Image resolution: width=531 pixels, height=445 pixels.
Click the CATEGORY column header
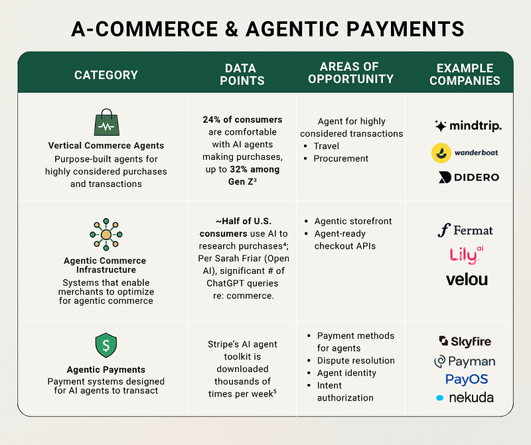(106, 75)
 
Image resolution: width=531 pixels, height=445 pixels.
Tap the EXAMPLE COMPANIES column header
(465, 74)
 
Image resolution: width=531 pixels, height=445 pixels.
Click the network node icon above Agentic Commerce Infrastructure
(106, 234)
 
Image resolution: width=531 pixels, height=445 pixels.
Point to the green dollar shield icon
(106, 346)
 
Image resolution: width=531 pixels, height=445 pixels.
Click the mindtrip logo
(467, 126)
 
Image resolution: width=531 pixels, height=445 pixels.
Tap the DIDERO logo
(468, 177)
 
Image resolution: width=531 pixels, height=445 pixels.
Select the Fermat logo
(465, 230)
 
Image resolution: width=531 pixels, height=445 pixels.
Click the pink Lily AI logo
(464, 254)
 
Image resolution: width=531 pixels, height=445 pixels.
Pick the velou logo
(467, 279)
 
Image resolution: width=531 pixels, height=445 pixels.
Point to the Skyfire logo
(465, 342)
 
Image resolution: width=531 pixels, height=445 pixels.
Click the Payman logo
(465, 361)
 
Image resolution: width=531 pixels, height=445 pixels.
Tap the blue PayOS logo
(466, 379)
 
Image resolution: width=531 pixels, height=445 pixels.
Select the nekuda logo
(465, 398)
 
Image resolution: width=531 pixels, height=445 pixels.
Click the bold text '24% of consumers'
(242, 120)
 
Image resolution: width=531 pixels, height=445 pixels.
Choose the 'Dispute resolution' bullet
(356, 361)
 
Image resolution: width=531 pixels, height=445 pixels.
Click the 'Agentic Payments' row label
(106, 370)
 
